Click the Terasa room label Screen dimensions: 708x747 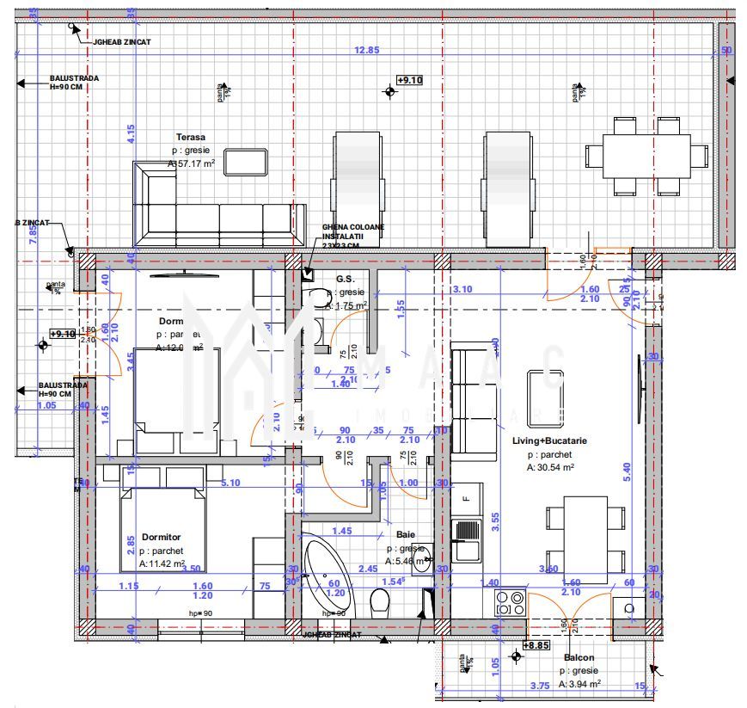[191, 137]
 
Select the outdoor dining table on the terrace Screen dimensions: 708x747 [646, 156]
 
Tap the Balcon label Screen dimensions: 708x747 [580, 657]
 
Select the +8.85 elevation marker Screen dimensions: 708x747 [536, 644]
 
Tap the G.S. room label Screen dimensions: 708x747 [346, 279]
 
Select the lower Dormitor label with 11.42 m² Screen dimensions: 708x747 [162, 536]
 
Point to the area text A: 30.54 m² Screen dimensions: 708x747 [551, 468]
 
